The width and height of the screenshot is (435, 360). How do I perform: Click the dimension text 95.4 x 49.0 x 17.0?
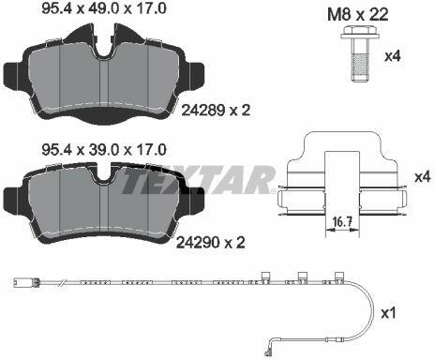coord(104,8)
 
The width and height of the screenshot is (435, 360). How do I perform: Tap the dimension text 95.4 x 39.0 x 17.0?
coord(104,150)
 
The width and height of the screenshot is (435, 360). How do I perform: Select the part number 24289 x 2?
coord(216,110)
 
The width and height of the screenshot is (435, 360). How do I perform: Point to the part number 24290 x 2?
coord(211,242)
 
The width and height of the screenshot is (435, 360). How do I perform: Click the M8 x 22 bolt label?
coord(358,15)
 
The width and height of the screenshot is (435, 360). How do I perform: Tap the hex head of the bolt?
coord(359,33)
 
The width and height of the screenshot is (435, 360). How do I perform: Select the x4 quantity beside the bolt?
coord(392,56)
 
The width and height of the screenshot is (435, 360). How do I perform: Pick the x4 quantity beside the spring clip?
coord(423,177)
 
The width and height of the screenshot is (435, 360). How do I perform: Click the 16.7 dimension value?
coord(342,222)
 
